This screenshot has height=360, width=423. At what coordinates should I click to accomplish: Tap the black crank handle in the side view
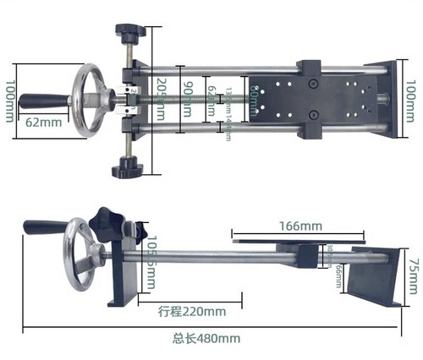tap(45, 227)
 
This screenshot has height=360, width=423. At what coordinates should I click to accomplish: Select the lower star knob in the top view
tap(129, 166)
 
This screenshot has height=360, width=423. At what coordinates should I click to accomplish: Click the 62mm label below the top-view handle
tap(42, 122)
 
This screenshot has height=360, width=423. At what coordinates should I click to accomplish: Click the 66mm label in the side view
tap(338, 275)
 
